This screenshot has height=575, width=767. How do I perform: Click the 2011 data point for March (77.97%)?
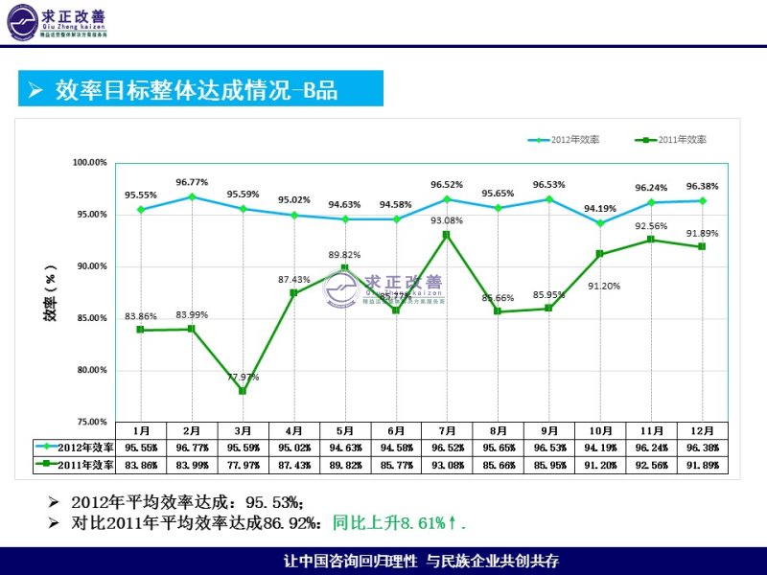coord(243,391)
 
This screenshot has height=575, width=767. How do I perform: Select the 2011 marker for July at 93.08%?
coord(447,234)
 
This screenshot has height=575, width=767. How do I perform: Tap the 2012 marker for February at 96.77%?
coord(192,196)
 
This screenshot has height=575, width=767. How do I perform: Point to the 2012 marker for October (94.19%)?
coord(600,223)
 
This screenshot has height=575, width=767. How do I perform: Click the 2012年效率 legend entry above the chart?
coord(565,140)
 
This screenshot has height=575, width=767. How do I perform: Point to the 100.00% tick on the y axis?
coord(90,162)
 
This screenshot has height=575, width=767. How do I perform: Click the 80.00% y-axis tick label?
coord(90,370)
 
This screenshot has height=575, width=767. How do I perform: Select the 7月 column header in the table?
coord(447,431)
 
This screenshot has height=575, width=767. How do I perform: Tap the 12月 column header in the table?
coord(702,431)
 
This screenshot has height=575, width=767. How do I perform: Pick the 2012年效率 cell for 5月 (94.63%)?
coord(345,448)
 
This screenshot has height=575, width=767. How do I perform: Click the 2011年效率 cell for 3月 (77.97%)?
coord(243,465)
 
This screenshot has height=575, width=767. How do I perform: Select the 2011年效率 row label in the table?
coord(74,465)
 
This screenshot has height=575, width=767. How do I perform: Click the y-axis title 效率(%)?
coord(50,292)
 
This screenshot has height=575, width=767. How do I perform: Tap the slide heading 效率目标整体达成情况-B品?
coord(197,90)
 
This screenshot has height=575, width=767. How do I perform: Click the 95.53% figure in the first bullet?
coord(274,502)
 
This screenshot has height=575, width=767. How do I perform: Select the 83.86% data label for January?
coord(141,316)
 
